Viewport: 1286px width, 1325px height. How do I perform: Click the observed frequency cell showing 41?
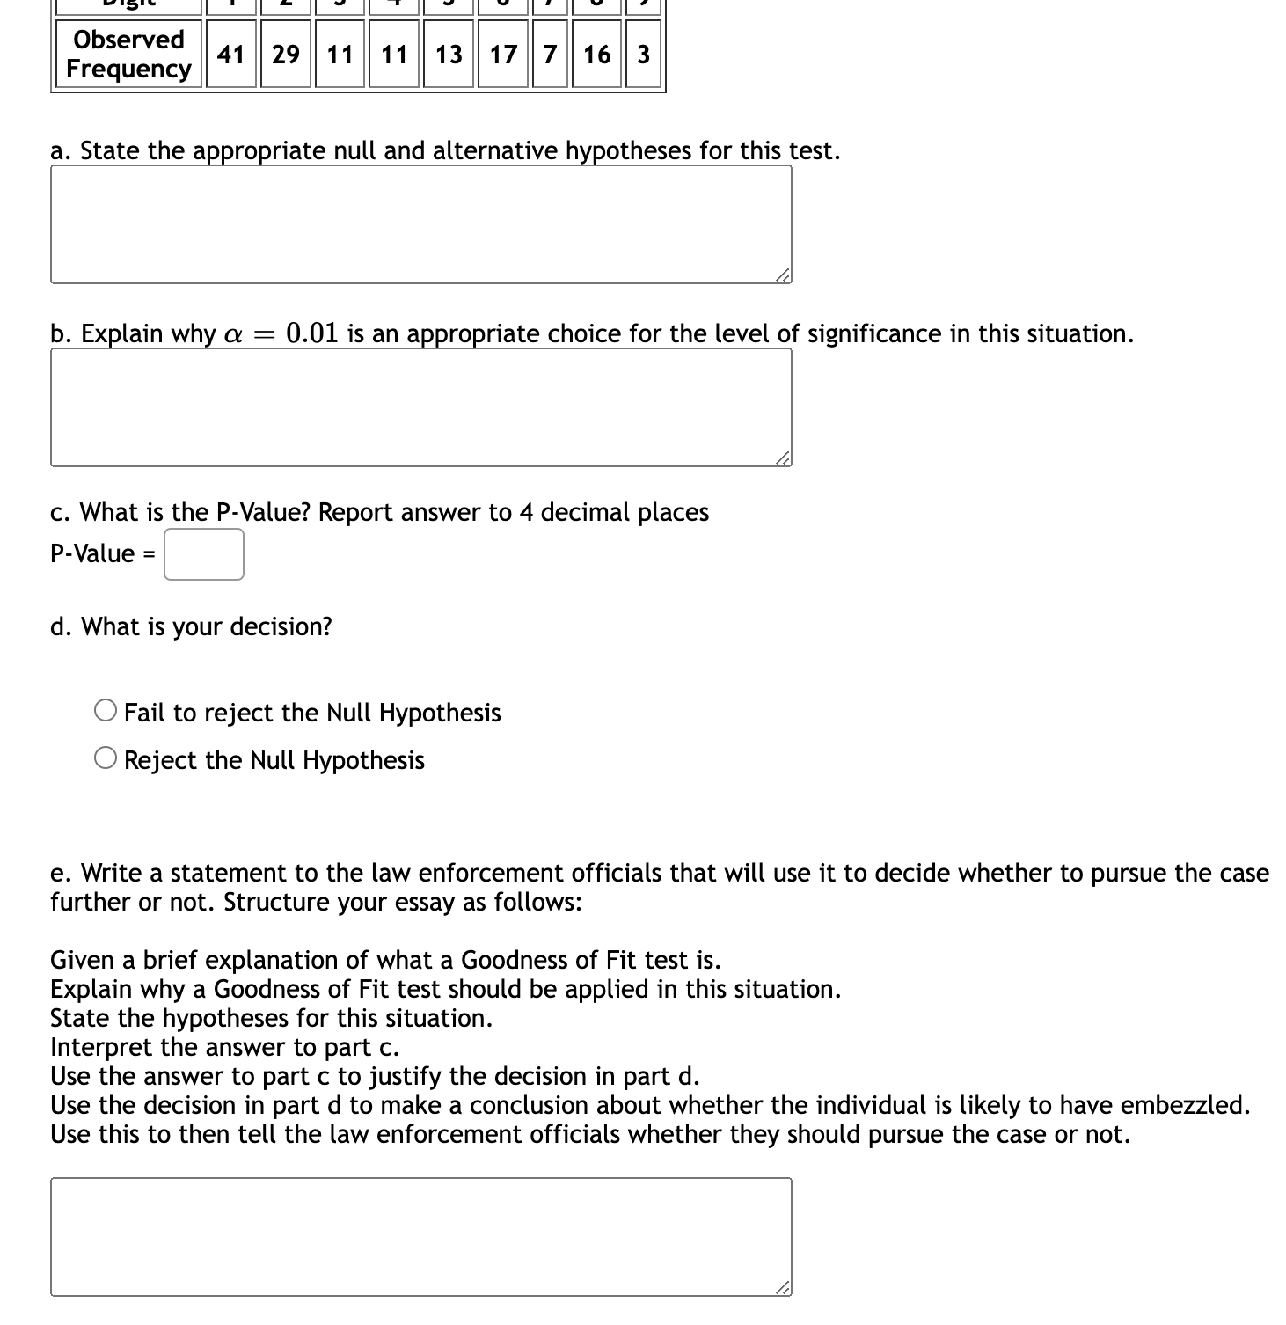click(231, 55)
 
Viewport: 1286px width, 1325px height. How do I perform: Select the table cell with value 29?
click(285, 55)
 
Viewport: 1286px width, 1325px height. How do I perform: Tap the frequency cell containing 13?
click(449, 55)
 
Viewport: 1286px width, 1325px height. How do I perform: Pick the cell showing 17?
click(503, 55)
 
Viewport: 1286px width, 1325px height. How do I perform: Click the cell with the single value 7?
click(550, 55)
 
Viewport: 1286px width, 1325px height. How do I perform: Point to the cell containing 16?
click(596, 55)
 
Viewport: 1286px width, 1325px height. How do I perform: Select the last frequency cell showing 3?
click(643, 55)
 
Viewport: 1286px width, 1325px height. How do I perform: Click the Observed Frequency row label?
click(128, 55)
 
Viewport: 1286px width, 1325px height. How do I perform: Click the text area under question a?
click(420, 224)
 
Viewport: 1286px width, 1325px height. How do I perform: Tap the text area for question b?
click(420, 407)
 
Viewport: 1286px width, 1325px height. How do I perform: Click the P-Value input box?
click(204, 554)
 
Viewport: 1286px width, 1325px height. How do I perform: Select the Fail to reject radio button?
click(106, 711)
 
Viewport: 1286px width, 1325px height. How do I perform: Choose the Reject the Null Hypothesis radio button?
click(106, 758)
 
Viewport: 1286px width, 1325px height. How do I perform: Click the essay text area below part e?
click(420, 1236)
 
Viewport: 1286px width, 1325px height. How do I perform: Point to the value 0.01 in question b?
click(312, 333)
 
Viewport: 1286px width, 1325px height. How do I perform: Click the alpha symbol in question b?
click(233, 335)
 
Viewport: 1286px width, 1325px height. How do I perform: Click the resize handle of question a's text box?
click(783, 275)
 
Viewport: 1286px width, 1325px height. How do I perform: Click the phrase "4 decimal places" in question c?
click(614, 512)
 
